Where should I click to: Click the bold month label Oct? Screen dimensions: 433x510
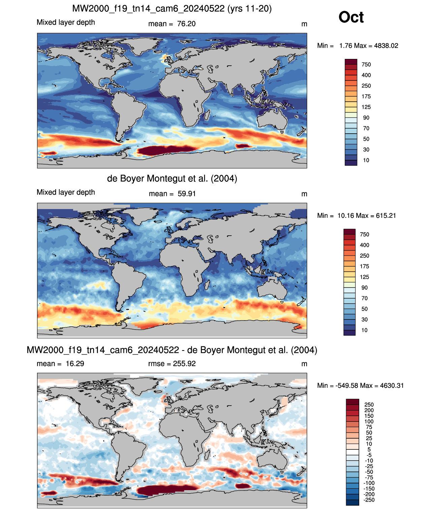(351, 17)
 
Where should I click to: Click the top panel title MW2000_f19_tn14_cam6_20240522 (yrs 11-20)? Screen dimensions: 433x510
(172, 9)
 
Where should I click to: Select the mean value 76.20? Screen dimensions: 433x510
(186, 24)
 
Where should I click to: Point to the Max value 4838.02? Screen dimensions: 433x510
(386, 46)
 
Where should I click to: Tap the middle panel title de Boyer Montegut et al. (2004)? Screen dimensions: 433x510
(172, 178)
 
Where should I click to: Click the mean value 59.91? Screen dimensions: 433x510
(186, 194)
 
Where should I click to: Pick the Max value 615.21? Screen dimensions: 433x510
(386, 216)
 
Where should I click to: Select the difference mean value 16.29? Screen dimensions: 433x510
(75, 364)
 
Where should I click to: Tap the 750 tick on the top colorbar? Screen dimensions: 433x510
(366, 65)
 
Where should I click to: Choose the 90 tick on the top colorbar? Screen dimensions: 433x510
(366, 118)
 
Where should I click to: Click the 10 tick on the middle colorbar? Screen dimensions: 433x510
(364, 330)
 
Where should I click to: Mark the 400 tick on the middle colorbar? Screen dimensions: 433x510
(364, 245)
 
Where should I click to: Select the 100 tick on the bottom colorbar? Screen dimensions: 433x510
(369, 422)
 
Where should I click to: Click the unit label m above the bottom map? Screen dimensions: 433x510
(304, 364)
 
